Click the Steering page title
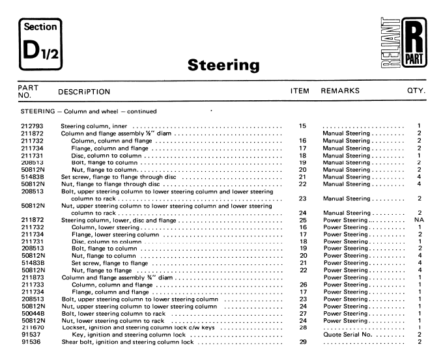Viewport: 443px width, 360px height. pyautogui.click(x=223, y=65)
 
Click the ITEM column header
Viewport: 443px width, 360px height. pyautogui.click(x=299, y=91)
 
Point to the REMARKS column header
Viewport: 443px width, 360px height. pyautogui.click(x=340, y=91)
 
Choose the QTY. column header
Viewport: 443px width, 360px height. pyautogui.click(x=416, y=91)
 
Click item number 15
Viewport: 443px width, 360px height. pyautogui.click(x=302, y=126)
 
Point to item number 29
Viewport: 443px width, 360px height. pyautogui.click(x=302, y=342)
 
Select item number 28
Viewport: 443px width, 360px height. pyautogui.click(x=302, y=327)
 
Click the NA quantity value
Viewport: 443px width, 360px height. pyautogui.click(x=420, y=220)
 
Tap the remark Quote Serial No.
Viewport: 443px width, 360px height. pyautogui.click(x=352, y=335)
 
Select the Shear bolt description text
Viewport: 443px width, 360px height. pyautogui.click(x=127, y=342)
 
